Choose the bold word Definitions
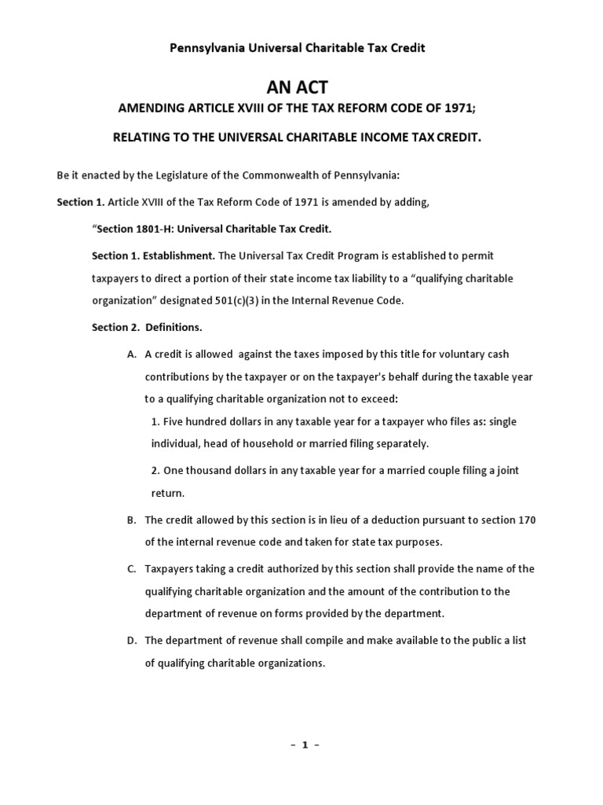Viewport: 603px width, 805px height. pos(181,327)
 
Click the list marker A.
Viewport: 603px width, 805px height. pos(131,355)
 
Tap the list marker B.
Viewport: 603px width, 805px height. pos(131,520)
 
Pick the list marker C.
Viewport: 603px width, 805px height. pos(131,568)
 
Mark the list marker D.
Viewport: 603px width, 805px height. pos(131,641)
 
